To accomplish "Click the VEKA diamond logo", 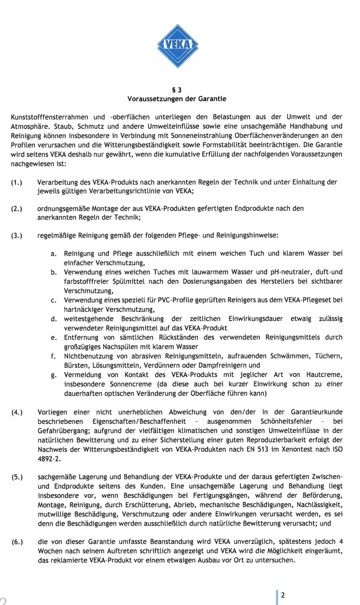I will point(178,46).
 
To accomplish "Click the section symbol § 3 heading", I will point(177,90).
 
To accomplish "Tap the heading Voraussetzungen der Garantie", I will point(177,99).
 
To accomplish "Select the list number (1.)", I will point(17,182).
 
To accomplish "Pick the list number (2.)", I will point(17,209).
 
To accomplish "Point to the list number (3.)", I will point(17,235).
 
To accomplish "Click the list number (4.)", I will point(17,412).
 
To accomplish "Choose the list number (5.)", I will point(17,477).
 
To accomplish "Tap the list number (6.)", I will point(17,542).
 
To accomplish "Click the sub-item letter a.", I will point(53,254).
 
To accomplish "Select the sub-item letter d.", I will point(53,319).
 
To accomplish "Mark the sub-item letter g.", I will point(53,375).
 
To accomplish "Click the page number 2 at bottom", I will point(283,595).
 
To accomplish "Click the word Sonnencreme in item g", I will point(131,384).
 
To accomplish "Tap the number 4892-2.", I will point(49,459).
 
